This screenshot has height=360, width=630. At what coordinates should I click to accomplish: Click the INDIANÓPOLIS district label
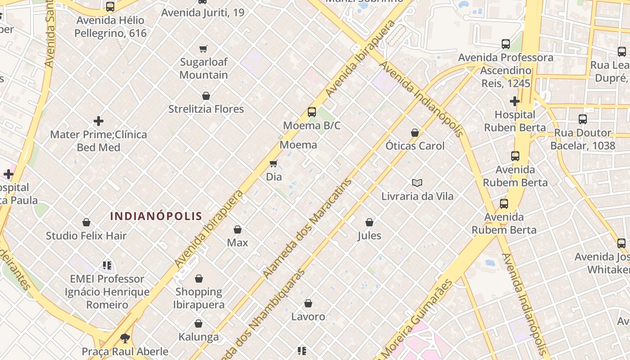tap(156, 216)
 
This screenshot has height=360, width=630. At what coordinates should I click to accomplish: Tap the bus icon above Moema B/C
tap(311, 112)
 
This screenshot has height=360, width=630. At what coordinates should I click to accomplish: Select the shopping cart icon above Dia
tap(274, 163)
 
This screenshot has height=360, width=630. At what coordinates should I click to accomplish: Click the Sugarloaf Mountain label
tap(204, 68)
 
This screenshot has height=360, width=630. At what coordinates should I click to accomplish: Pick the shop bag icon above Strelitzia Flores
tap(206, 96)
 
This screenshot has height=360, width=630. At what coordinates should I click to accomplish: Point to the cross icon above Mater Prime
tap(99, 121)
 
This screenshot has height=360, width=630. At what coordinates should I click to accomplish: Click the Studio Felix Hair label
tap(86, 235)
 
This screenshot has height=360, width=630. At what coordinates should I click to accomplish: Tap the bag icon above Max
tap(238, 229)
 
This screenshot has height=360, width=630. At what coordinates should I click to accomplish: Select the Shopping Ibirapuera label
tap(199, 298)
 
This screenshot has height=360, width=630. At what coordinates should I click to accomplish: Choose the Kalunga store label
tap(198, 337)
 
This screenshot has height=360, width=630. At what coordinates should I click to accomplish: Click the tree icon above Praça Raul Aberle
tap(125, 338)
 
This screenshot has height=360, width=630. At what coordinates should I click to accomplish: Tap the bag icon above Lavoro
tap(308, 303)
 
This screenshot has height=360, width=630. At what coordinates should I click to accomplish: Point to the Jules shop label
tap(369, 235)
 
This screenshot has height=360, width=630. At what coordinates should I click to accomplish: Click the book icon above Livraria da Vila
tap(417, 183)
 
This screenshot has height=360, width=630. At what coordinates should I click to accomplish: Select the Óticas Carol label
tap(415, 146)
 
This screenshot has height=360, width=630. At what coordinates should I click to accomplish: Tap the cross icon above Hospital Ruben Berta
tap(515, 101)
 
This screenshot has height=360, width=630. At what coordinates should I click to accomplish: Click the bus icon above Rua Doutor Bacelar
tap(583, 119)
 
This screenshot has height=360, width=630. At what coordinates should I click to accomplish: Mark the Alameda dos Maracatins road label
tap(307, 229)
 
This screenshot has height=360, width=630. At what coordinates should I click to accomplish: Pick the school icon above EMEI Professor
tap(107, 265)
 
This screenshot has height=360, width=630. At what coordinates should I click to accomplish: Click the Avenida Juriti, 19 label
tap(203, 13)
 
